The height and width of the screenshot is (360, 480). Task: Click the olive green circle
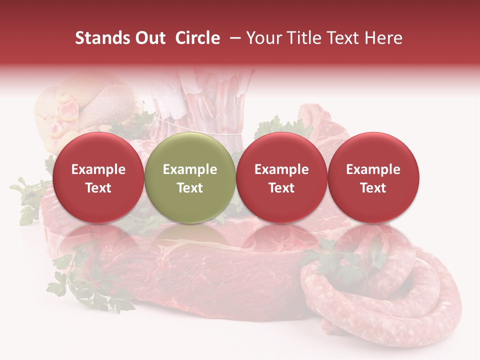pyautogui.click(x=190, y=177)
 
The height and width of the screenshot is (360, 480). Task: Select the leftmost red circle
pyautogui.click(x=98, y=177)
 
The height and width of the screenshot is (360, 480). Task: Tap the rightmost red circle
pyautogui.click(x=373, y=177)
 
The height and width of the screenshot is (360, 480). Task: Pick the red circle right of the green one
pyautogui.click(x=281, y=177)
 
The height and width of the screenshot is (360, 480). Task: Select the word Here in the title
pyautogui.click(x=383, y=38)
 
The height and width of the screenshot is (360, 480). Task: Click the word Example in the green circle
pyautogui.click(x=190, y=169)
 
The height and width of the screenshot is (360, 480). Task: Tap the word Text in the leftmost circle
pyautogui.click(x=98, y=188)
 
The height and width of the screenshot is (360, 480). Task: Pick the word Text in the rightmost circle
pyautogui.click(x=373, y=188)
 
